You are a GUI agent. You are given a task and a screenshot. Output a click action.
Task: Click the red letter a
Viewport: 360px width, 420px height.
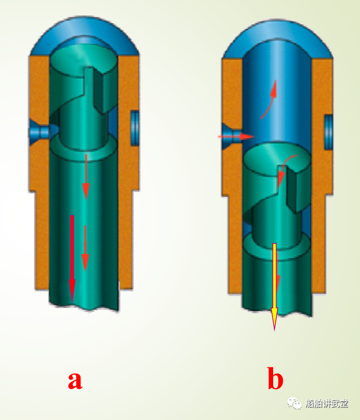75,381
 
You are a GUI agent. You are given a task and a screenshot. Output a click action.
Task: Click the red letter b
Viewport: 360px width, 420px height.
275,378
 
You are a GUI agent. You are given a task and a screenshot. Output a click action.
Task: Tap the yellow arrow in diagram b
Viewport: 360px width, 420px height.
274,287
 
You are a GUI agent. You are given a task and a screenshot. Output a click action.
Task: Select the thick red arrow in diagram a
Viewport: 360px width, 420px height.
72,258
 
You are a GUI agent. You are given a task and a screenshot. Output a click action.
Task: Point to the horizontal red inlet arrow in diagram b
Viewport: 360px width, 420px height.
235,137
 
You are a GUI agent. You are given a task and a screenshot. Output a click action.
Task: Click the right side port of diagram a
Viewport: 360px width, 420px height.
134,129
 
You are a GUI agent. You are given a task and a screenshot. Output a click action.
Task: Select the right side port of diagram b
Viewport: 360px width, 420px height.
329,131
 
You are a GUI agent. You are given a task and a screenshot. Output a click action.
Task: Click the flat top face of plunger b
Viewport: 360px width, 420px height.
277,159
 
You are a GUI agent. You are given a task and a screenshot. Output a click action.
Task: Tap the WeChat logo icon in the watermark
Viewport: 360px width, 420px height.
294,403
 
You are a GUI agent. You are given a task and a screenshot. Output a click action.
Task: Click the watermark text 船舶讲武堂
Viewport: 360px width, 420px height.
327,403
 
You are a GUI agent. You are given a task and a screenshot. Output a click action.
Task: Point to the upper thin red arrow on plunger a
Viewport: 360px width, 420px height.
86,177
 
